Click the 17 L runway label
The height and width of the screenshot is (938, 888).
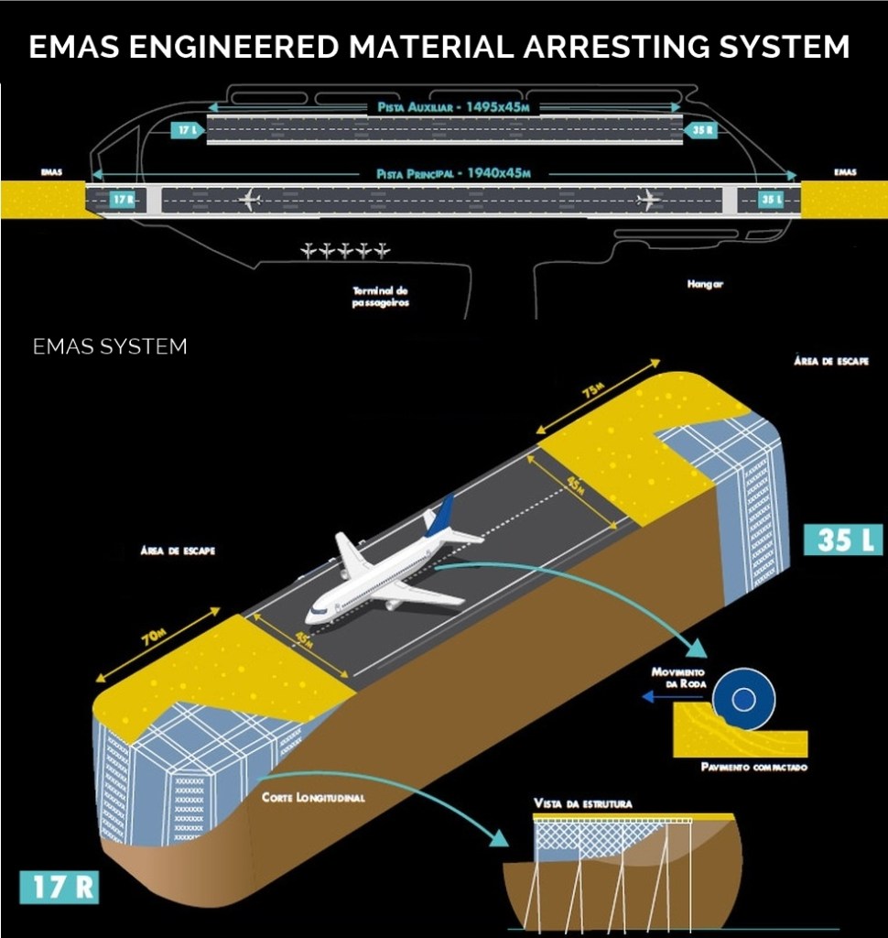[x=187, y=130]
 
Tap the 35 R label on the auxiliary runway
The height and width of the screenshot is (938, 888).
[x=702, y=130]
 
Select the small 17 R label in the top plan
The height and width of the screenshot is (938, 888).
[x=122, y=199]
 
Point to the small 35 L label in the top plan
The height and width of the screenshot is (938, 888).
[x=772, y=199]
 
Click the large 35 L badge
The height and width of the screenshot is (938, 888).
[x=842, y=539]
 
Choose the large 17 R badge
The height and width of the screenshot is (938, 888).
[x=59, y=889]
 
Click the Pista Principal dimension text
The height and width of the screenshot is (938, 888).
[x=454, y=173]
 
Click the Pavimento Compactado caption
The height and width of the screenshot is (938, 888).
[x=754, y=767]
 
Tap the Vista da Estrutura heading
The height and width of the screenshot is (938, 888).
[x=582, y=803]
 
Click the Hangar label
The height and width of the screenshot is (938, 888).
[x=705, y=285]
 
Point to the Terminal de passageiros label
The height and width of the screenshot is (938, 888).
[x=380, y=296]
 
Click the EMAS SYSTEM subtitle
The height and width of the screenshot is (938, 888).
[x=110, y=347]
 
